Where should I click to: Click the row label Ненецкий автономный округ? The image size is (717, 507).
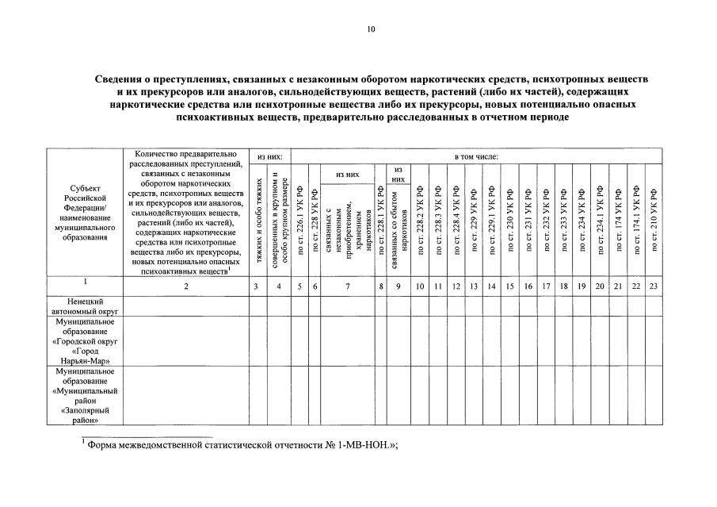click(85, 307)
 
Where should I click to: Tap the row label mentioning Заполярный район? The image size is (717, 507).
click(85, 395)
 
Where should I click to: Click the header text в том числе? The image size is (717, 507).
click(476, 156)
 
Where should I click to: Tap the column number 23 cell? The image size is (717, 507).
click(654, 286)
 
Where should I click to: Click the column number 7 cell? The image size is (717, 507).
click(347, 286)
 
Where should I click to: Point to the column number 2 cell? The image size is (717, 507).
click(185, 286)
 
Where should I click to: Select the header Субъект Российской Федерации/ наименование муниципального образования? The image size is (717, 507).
click(85, 213)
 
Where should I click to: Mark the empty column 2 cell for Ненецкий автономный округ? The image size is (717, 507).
click(185, 307)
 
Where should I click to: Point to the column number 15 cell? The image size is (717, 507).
click(509, 286)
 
